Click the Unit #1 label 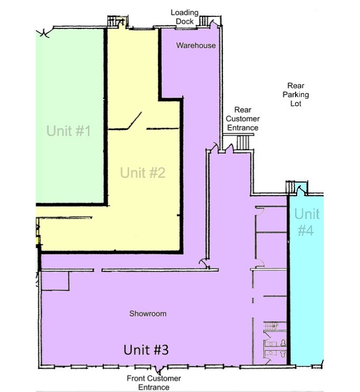click(69, 130)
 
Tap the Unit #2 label click(143, 173)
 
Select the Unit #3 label click(146, 349)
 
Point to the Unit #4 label click(307, 222)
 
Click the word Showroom click(148, 314)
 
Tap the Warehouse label click(196, 45)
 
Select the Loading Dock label click(184, 16)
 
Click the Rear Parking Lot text click(296, 94)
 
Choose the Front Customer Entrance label click(154, 383)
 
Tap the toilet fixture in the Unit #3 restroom click(283, 343)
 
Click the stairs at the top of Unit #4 click(289, 187)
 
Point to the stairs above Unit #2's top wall click(114, 21)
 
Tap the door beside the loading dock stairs click(213, 22)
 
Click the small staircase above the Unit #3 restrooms click(270, 327)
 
